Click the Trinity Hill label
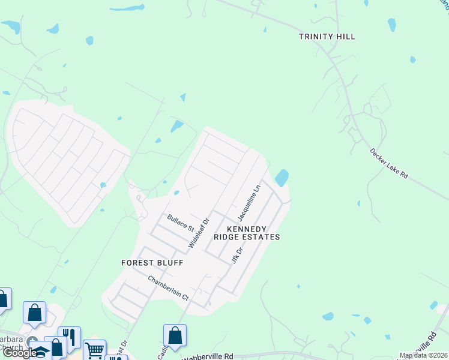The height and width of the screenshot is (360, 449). [327, 37]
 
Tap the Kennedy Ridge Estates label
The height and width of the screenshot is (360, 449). [253, 233]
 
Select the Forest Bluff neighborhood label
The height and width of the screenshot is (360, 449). [152, 263]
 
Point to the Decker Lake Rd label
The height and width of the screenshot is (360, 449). [389, 163]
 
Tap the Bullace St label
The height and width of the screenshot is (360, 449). [181, 223]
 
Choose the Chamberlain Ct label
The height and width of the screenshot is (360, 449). [168, 288]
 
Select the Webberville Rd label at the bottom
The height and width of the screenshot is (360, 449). [207, 356]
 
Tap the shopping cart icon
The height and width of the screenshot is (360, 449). [94, 350]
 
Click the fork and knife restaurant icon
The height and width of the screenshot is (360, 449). [69, 337]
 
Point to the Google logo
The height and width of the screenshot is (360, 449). [19, 353]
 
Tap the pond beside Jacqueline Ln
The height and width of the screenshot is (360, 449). [281, 178]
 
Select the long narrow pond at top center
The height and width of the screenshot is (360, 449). [127, 8]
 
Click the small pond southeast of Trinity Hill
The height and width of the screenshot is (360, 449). [412, 59]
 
